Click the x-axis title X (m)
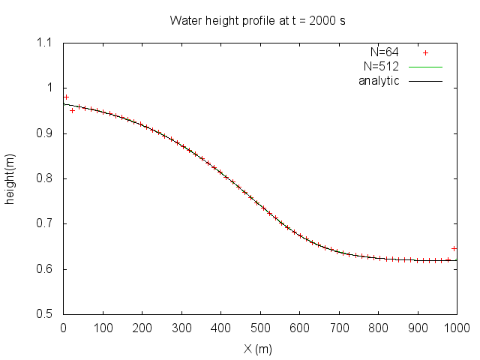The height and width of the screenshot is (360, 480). (x=259, y=349)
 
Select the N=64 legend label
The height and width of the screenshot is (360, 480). (x=385, y=52)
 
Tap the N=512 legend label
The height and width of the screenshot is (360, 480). (x=382, y=66)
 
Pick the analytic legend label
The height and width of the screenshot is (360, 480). (x=379, y=79)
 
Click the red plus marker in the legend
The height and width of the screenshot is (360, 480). (x=425, y=52)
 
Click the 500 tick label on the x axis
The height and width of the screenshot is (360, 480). (x=260, y=328)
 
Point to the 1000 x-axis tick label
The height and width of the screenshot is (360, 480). (x=456, y=328)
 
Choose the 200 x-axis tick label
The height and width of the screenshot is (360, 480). (x=142, y=328)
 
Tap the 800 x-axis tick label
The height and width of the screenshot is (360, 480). (x=378, y=328)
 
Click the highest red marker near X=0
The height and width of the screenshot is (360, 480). (x=66, y=97)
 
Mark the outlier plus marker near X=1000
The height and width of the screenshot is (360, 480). (x=454, y=248)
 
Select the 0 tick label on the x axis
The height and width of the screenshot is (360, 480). (x=63, y=328)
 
